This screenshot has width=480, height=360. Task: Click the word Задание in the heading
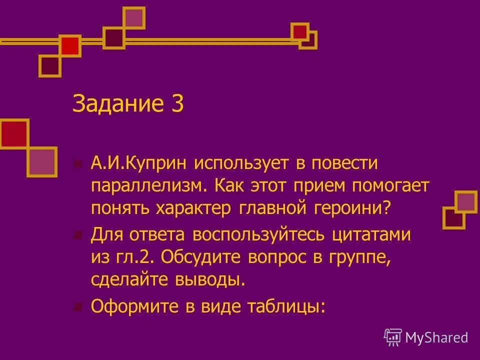pyautogui.click(x=117, y=104)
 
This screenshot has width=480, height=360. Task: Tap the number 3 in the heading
pyautogui.click(x=177, y=104)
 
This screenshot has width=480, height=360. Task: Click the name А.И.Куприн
pyautogui.click(x=138, y=163)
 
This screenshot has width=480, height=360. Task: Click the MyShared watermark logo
pyautogui.click(x=426, y=337)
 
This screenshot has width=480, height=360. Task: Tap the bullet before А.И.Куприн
pyautogui.click(x=77, y=163)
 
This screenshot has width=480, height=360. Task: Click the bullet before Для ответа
pyautogui.click(x=77, y=235)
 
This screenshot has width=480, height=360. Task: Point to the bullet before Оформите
pyautogui.click(x=77, y=306)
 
